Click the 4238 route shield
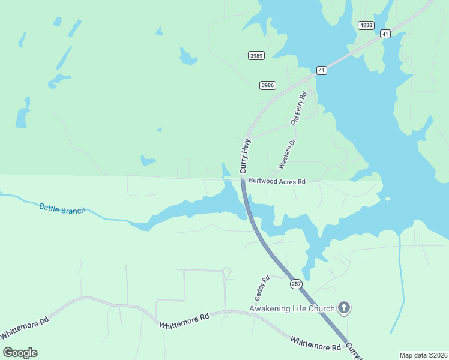click(x=366, y=25)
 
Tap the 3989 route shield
click(x=256, y=56)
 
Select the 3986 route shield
click(x=268, y=85)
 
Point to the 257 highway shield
click(x=296, y=284)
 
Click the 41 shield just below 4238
click(x=385, y=34)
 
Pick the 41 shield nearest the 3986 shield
click(x=322, y=70)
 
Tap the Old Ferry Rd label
click(x=298, y=108)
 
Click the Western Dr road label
click(x=287, y=154)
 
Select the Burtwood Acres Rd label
click(x=277, y=181)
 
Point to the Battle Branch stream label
click(x=62, y=209)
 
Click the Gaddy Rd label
click(x=260, y=288)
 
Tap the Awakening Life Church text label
click(x=292, y=309)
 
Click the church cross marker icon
click(x=344, y=308)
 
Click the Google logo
click(x=20, y=353)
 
